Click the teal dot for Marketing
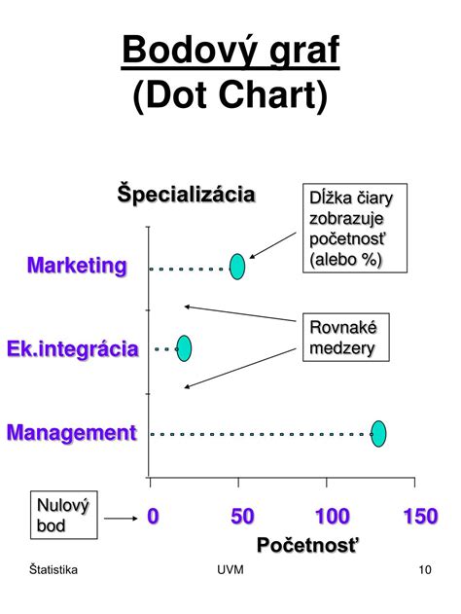click(237, 267)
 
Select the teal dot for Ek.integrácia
click(184, 348)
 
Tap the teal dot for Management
click(378, 433)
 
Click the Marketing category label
click(77, 267)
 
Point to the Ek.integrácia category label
click(73, 349)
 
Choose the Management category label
click(72, 433)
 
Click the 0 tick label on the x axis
click(153, 516)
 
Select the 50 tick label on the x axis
click(242, 516)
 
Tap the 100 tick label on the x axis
click(333, 516)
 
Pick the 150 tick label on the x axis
click(421, 516)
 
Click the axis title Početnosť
click(307, 545)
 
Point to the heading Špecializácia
click(187, 194)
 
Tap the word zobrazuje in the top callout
click(346, 219)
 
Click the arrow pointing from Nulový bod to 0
click(121, 519)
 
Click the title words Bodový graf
click(230, 51)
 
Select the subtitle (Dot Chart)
click(230, 95)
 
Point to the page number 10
click(425, 569)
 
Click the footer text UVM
click(230, 569)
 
